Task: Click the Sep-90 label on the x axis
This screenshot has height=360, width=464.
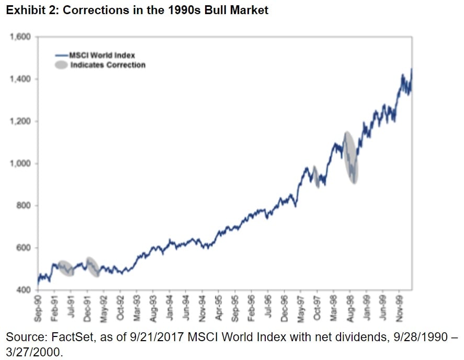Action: tap(39, 306)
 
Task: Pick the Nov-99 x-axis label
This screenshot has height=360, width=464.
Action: tap(399, 306)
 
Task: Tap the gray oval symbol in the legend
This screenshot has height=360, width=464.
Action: tap(61, 65)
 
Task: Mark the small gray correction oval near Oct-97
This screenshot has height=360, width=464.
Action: tap(316, 176)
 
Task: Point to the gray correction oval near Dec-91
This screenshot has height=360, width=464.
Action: tap(92, 267)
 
